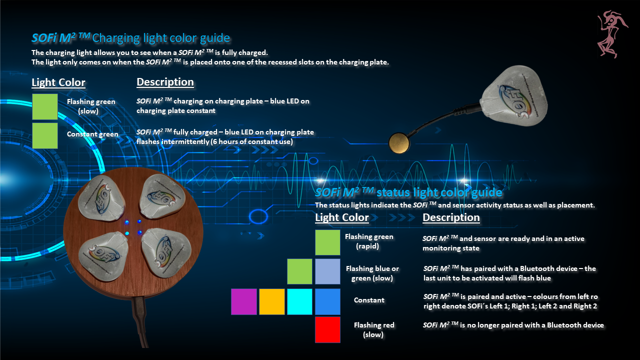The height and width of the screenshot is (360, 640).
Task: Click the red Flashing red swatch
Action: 327,329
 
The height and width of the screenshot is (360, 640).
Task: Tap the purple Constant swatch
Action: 243,301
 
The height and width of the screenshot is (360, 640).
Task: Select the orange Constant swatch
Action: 271,301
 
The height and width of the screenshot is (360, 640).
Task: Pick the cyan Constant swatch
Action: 299,301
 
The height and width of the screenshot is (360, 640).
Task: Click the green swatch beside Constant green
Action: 45,135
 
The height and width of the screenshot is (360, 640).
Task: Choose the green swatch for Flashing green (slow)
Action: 45,106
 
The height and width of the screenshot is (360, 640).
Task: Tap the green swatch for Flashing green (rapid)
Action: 327,242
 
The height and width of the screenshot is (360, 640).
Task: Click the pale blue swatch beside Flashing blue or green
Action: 327,271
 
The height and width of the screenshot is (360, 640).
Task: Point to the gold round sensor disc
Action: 399,143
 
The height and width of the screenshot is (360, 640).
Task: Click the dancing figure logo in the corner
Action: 612,34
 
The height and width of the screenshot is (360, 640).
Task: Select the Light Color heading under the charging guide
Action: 58,82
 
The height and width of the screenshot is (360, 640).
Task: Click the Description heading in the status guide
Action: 451,217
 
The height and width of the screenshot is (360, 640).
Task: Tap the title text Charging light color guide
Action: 161,38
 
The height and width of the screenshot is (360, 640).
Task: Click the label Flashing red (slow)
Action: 373,329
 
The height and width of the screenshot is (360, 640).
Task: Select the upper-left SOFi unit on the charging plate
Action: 101,197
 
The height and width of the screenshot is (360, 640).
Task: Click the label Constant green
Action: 92,134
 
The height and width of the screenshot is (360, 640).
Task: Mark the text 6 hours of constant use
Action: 251,141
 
